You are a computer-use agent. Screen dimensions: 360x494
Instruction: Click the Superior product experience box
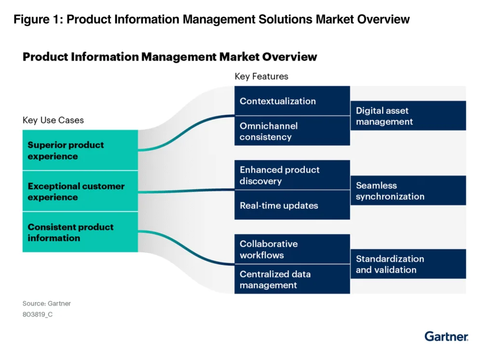pyautogui.click(x=80, y=150)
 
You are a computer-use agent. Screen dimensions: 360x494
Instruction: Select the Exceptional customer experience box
pyautogui.click(x=80, y=191)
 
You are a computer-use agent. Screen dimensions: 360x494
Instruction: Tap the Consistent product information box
pyautogui.click(x=80, y=232)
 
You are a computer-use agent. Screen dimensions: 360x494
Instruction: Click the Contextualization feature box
pyautogui.click(x=292, y=101)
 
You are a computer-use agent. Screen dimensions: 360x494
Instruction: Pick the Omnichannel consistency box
pyautogui.click(x=292, y=131)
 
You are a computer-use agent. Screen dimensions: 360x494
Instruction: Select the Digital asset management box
pyautogui.click(x=408, y=116)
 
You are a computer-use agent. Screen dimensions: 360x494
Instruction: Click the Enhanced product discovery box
pyautogui.click(x=292, y=175)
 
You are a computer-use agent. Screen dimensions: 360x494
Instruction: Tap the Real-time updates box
pyautogui.click(x=292, y=205)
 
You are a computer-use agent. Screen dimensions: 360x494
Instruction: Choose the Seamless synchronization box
pyautogui.click(x=408, y=191)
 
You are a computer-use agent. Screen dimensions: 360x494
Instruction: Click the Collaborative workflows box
pyautogui.click(x=292, y=249)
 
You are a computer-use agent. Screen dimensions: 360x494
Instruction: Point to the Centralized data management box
pyautogui.click(x=292, y=279)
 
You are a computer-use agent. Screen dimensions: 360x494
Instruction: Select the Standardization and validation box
pyautogui.click(x=408, y=264)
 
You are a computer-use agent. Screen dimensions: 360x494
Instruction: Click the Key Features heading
pyautogui.click(x=261, y=76)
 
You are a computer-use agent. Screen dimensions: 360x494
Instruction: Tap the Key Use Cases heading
pyautogui.click(x=53, y=120)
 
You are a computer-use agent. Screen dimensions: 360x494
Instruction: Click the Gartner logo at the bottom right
pyautogui.click(x=446, y=336)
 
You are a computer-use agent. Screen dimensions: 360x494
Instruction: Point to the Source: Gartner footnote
pyautogui.click(x=46, y=304)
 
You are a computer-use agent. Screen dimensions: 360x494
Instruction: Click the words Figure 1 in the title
pyautogui.click(x=34, y=20)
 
